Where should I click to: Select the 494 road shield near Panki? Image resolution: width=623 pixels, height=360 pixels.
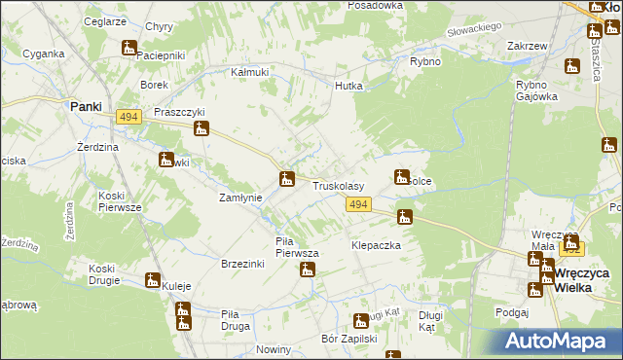pyautogui.click(x=128, y=117)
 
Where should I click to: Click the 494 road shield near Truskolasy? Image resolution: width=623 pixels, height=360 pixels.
pyautogui.click(x=358, y=203)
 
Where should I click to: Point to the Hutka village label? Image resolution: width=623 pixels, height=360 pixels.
pyautogui.click(x=348, y=86)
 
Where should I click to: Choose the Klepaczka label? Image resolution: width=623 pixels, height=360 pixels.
pyautogui.click(x=376, y=246)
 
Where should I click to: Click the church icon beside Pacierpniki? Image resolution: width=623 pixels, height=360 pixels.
pyautogui.click(x=129, y=47)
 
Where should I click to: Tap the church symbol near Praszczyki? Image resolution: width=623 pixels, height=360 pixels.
pyautogui.click(x=202, y=128)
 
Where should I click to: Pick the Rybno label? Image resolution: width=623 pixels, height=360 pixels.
pyautogui.click(x=425, y=61)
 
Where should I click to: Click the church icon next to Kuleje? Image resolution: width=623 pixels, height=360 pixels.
pyautogui.click(x=153, y=280)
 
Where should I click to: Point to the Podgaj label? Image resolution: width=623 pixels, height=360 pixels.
pyautogui.click(x=511, y=312)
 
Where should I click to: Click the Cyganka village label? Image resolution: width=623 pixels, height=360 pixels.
pyautogui.click(x=43, y=54)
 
